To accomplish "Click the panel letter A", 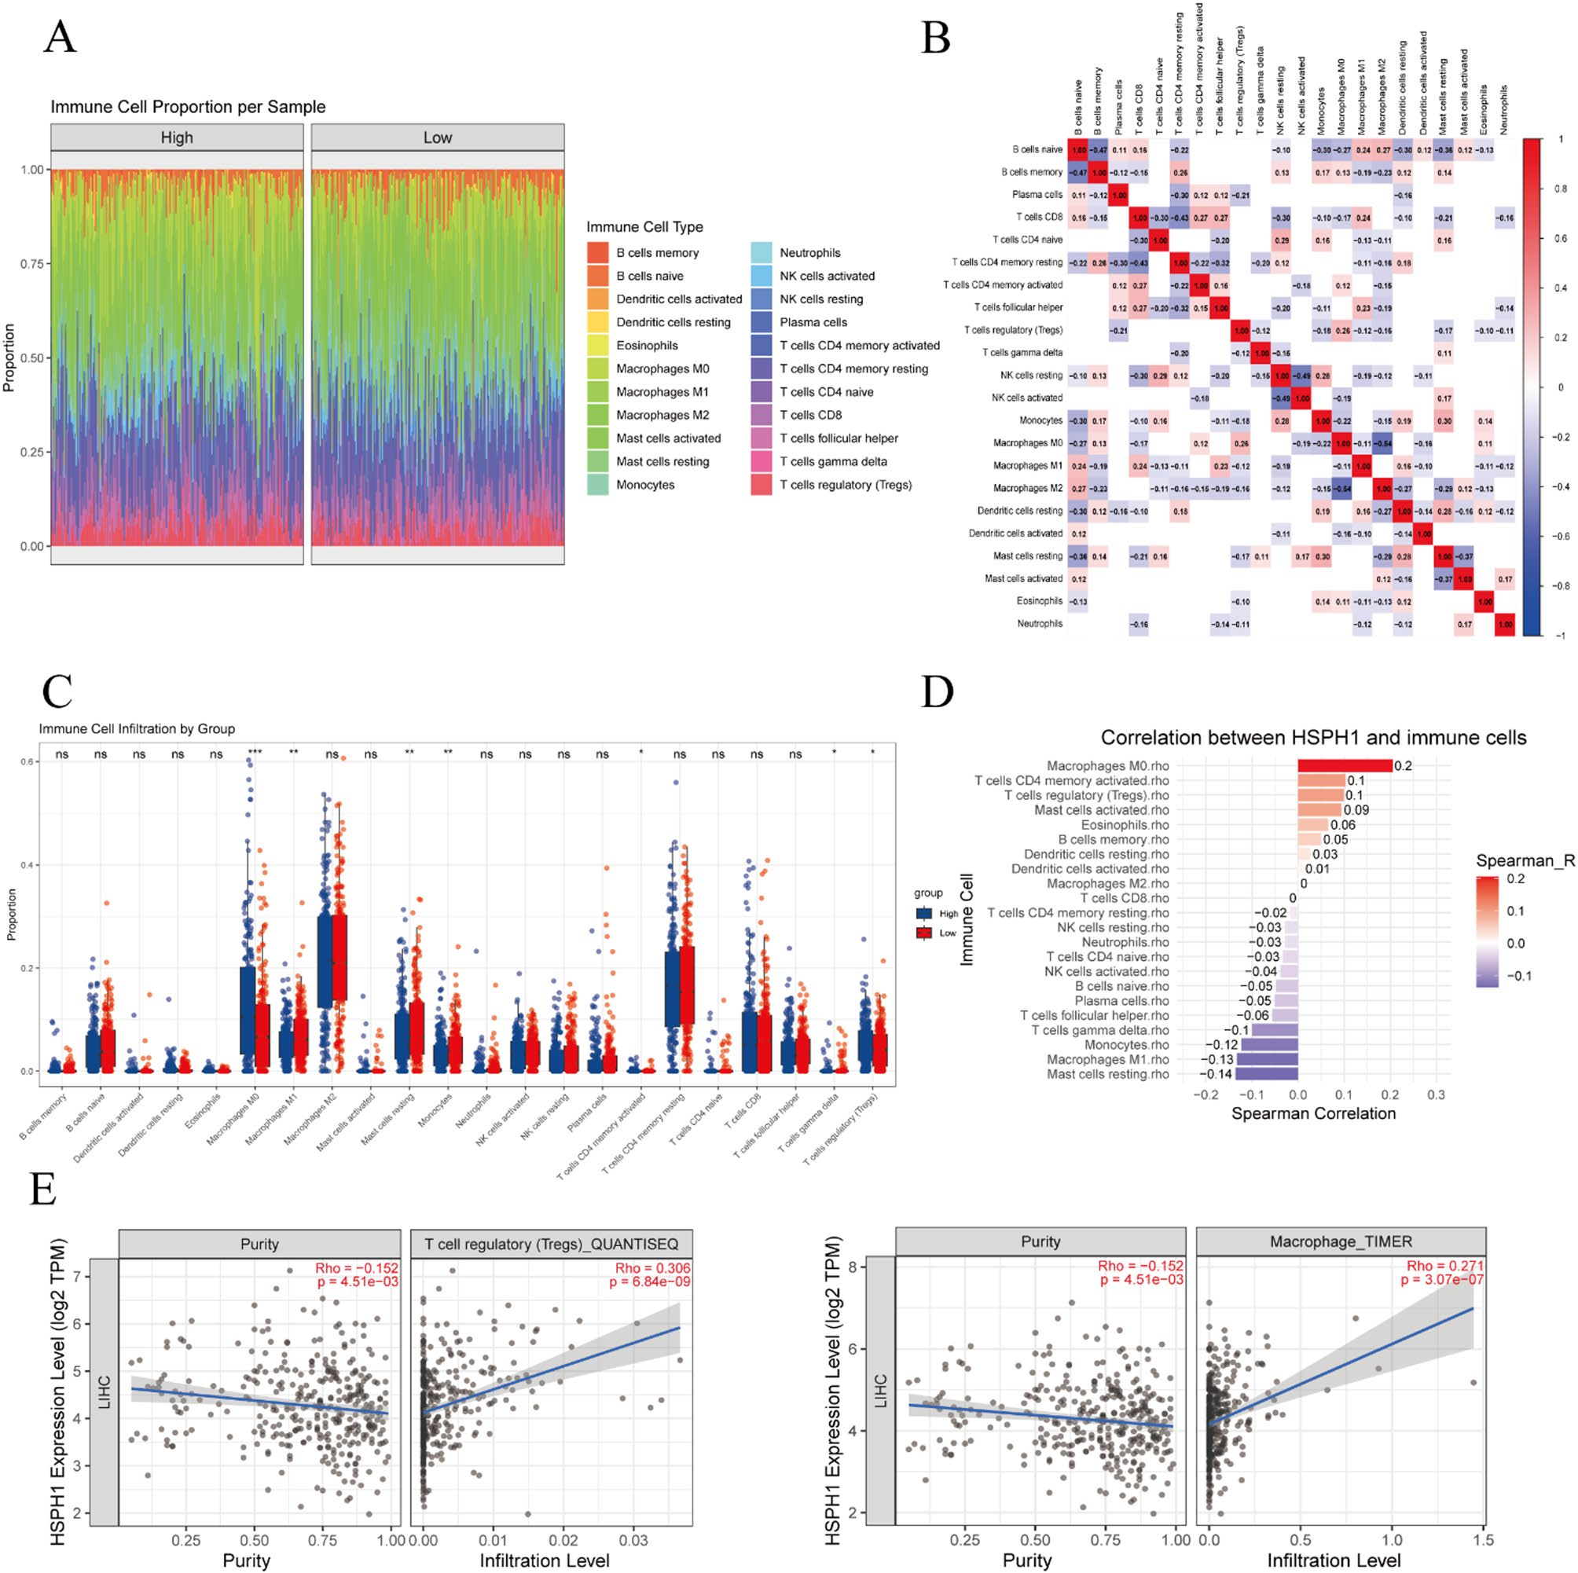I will [x=60, y=37].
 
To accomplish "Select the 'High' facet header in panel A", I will [x=176, y=138].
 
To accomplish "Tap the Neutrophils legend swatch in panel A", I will [x=761, y=253].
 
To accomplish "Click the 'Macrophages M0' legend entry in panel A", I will [x=662, y=369].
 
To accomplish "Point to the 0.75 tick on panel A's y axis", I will [x=32, y=264].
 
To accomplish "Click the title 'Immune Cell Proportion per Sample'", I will [x=188, y=107].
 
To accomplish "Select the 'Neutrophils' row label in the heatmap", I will [x=1040, y=624].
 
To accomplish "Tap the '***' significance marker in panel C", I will [x=255, y=753].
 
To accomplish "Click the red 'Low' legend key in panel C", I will [x=925, y=933].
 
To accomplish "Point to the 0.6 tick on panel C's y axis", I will [x=28, y=762].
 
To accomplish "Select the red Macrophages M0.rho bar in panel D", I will [x=1345, y=766].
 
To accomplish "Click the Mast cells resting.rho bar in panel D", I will [x=1267, y=1074].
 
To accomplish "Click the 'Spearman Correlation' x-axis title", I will [x=1313, y=1113].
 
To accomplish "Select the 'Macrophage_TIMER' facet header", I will [x=1341, y=1241].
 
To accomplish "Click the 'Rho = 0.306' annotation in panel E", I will [x=652, y=1268].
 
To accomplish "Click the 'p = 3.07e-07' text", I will [x=1441, y=1280].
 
